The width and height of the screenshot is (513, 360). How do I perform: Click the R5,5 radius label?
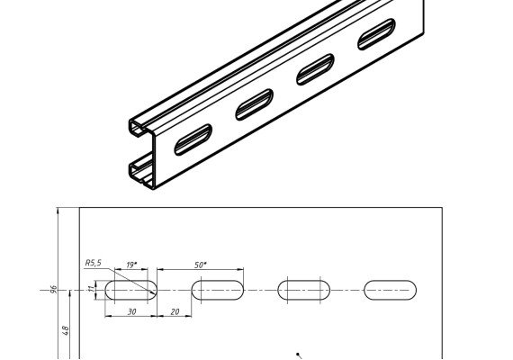click(94, 263)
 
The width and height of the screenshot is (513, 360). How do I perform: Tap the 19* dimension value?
click(131, 265)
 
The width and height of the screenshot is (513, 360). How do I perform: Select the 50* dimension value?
click(201, 265)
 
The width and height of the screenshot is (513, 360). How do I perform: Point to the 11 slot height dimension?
click(93, 289)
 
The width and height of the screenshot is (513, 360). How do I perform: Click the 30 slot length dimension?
click(131, 312)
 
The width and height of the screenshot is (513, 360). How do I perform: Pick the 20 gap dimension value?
click(175, 312)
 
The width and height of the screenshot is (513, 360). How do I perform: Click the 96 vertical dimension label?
click(54, 290)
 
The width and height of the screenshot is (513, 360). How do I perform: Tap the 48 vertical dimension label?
click(65, 330)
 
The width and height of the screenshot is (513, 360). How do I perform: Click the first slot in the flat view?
click(130, 290)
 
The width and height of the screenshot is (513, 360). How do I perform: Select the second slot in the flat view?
click(218, 290)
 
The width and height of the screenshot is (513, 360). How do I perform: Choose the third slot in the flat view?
click(304, 290)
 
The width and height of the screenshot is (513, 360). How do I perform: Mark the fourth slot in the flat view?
click(391, 290)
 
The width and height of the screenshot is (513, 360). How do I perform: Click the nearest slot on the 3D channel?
click(193, 139)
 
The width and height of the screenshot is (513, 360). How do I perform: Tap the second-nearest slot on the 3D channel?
click(254, 104)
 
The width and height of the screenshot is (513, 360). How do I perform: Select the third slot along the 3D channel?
click(315, 69)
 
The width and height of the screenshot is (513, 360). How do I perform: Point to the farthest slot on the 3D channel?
click(376, 34)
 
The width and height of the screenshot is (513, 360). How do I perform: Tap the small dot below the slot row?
click(297, 354)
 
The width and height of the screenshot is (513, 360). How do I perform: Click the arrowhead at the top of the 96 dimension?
click(58, 211)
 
